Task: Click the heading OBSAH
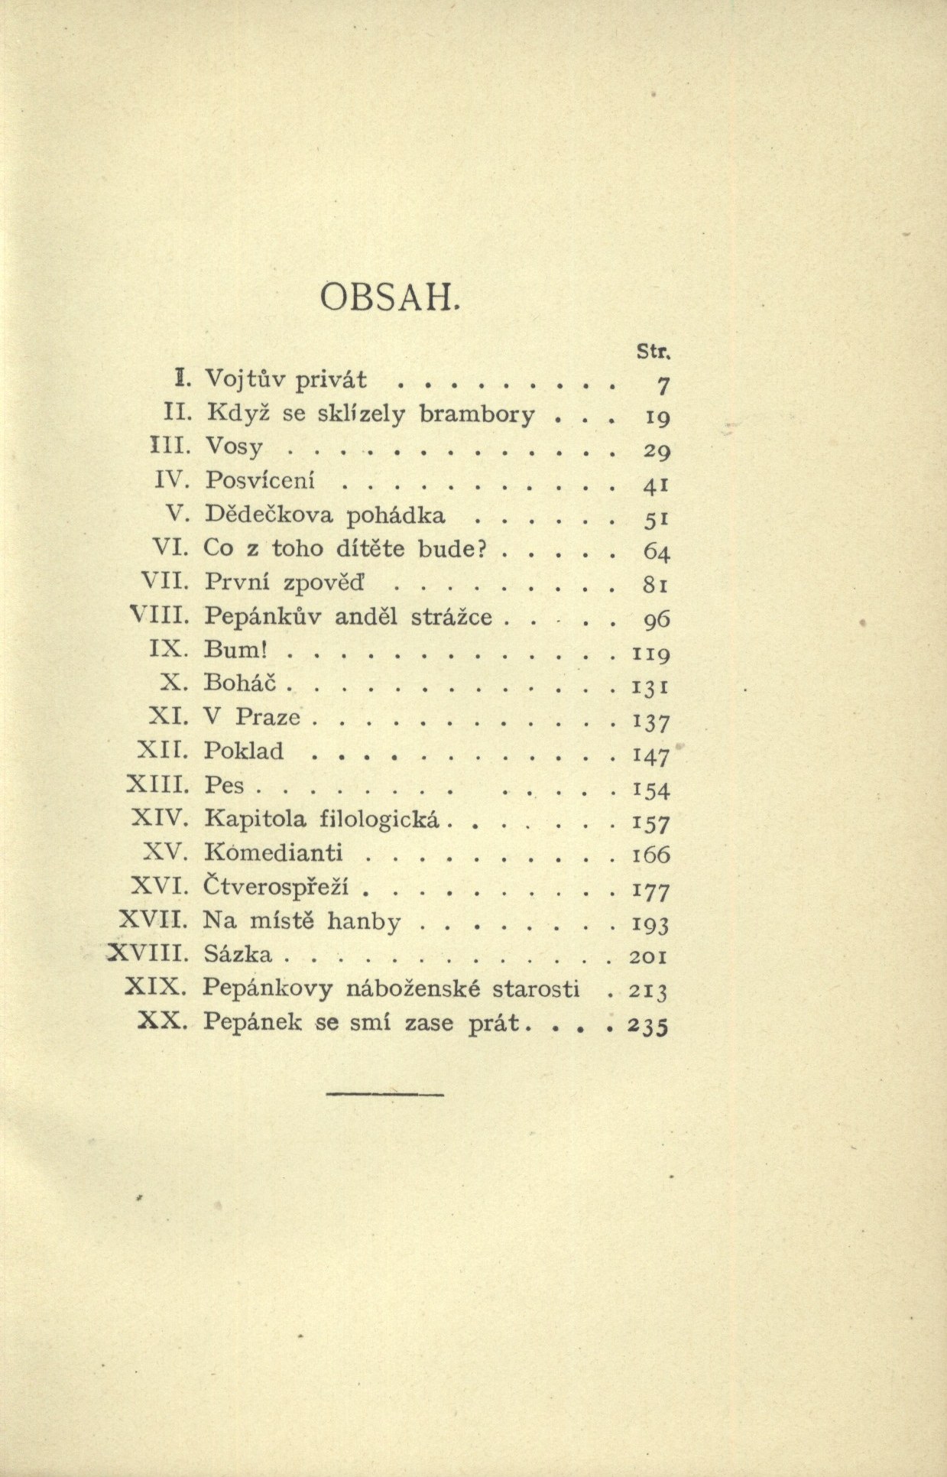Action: tap(390, 296)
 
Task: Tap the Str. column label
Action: tap(651, 351)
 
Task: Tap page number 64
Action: tap(653, 550)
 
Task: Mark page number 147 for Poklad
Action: tap(650, 755)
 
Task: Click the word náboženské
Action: tap(414, 988)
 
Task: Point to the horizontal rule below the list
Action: tap(384, 1096)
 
